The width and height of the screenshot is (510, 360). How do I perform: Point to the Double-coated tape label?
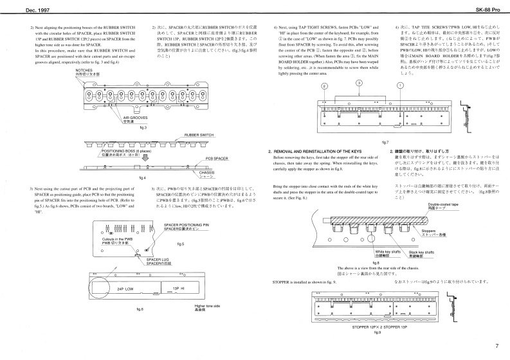(x=442, y=222)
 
